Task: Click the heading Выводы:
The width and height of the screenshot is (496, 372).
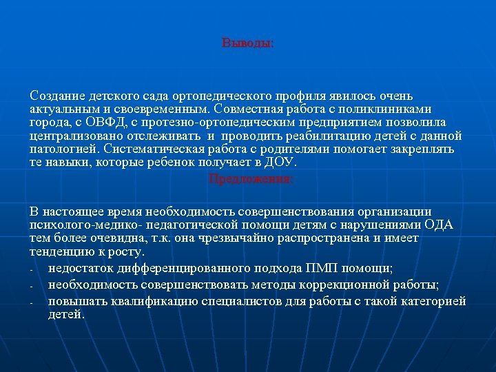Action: pyautogui.click(x=248, y=43)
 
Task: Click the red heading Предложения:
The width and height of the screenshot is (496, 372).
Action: pyautogui.click(x=250, y=179)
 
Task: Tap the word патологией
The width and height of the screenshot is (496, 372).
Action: pyautogui.click(x=63, y=149)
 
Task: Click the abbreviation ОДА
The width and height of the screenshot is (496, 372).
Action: pyautogui.click(x=439, y=225)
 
